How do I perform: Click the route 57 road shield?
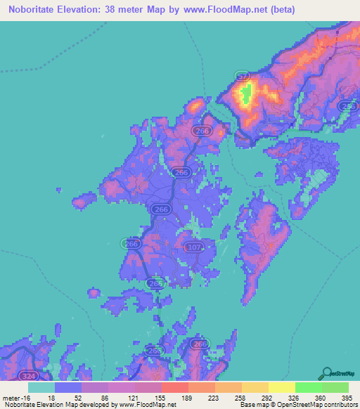tap(242, 76)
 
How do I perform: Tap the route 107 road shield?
tap(195, 247)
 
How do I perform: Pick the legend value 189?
tap(188, 397)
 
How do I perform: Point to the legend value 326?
tap(296, 397)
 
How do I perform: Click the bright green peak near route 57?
tap(246, 95)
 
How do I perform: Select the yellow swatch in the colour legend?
tap(281, 387)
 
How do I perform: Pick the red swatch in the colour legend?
tap(174, 387)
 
